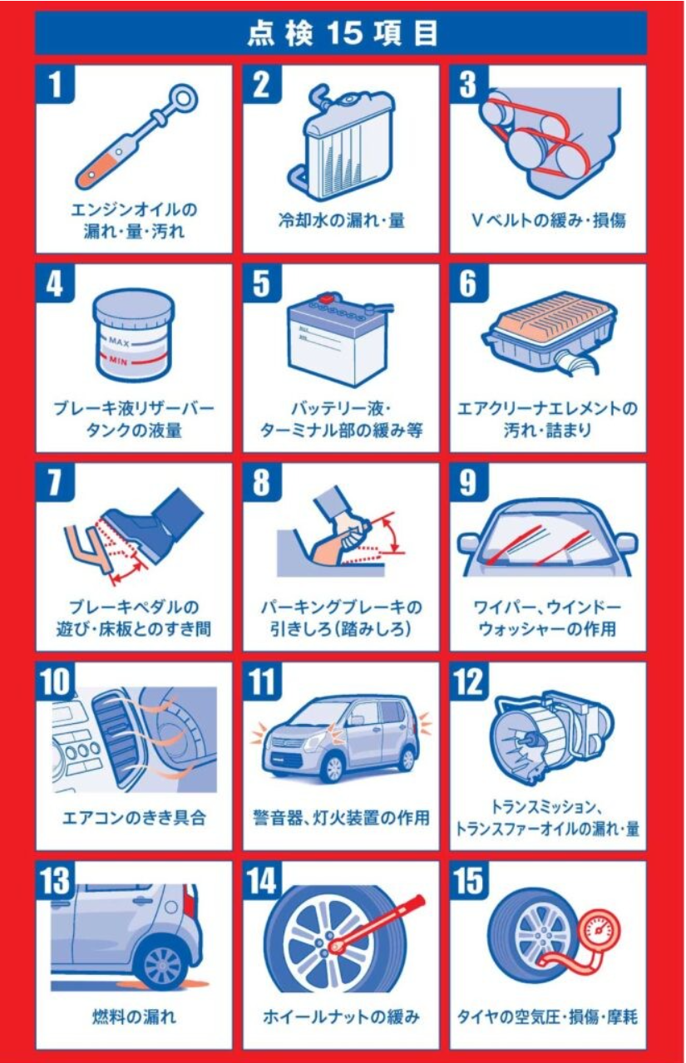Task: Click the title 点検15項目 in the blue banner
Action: tap(342, 33)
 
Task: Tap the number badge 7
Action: tap(55, 482)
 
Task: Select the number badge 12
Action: tap(469, 682)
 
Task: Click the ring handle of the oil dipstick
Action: tap(185, 99)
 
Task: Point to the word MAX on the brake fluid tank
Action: tap(119, 342)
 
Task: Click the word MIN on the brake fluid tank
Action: tap(118, 361)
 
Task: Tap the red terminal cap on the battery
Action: tap(327, 299)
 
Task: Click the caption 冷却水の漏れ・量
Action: tap(342, 220)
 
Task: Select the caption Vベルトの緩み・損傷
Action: tap(548, 220)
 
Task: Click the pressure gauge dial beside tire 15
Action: tap(600, 931)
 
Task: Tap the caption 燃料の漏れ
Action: tap(134, 1017)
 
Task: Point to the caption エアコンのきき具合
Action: tap(134, 818)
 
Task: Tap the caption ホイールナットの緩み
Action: tap(342, 1017)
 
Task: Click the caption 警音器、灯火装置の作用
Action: tap(342, 818)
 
